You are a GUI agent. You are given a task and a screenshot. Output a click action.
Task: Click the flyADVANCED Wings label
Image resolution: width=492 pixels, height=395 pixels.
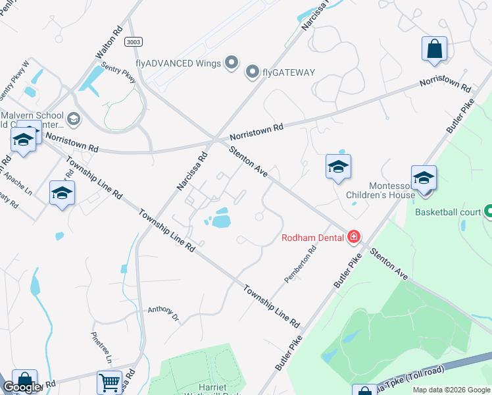click(177, 63)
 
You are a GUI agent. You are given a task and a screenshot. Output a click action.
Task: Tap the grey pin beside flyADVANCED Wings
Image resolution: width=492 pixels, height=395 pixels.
click(231, 63)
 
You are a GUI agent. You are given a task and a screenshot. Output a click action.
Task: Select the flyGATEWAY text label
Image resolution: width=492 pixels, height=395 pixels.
click(289, 72)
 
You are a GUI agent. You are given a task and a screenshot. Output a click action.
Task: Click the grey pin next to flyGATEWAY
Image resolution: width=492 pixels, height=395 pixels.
click(252, 72)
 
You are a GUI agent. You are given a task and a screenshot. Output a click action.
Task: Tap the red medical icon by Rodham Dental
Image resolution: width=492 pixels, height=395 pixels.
click(354, 236)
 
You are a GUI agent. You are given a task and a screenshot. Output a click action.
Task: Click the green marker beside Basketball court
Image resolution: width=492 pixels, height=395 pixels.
click(489, 212)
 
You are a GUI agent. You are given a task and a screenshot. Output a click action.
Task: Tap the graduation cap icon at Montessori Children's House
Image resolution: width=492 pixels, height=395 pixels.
click(424, 178)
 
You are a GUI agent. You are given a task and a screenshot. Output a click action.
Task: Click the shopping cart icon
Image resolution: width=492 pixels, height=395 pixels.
click(109, 382)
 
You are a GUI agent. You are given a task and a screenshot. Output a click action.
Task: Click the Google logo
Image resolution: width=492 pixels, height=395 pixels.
click(22, 387)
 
